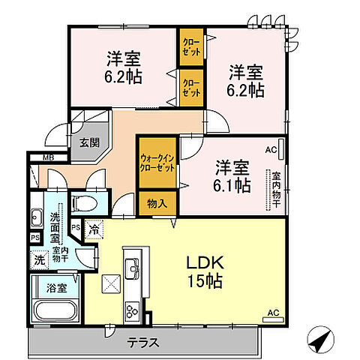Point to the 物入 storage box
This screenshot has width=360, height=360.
coord(157,202)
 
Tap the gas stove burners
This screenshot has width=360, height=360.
coord(132,308)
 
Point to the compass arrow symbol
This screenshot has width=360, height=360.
coord(321,341)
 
